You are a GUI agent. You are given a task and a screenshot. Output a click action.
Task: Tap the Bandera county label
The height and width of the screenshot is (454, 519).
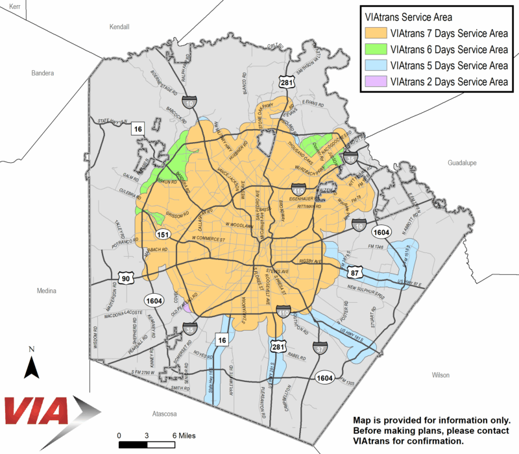(43, 73)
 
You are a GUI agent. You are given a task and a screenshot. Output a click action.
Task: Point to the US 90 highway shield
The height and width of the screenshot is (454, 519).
(126, 279)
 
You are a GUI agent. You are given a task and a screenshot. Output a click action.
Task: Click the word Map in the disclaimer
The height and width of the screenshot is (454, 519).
(361, 420)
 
